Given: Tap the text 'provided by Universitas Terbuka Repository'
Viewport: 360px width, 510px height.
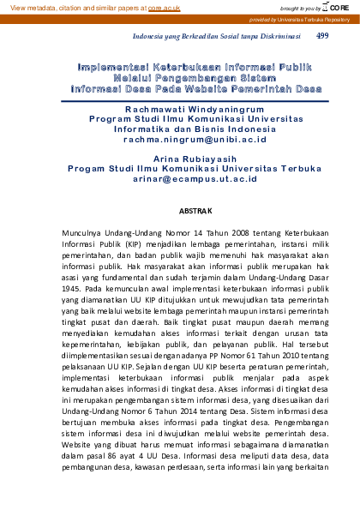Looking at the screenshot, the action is tap(302, 17).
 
